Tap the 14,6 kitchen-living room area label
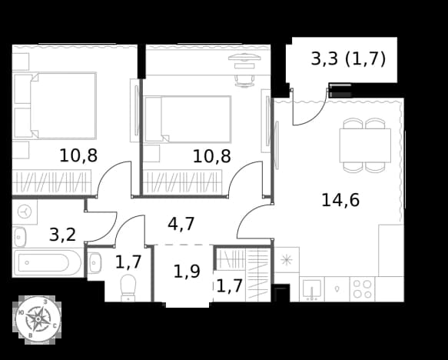[340, 200]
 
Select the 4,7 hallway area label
[181, 224]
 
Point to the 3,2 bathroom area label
[62, 235]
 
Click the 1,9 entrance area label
[187, 271]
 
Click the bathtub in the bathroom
[47, 263]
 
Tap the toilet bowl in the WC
[128, 288]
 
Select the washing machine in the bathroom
[25, 212]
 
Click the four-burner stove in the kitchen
[362, 289]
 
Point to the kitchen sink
[312, 289]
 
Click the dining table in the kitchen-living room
[365, 145]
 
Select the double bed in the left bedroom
[55, 105]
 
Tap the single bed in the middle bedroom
[187, 119]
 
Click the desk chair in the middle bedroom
[244, 80]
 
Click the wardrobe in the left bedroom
[51, 182]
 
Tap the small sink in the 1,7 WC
[95, 262]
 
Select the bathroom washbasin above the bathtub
[20, 237]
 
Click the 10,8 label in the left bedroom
[78, 156]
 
